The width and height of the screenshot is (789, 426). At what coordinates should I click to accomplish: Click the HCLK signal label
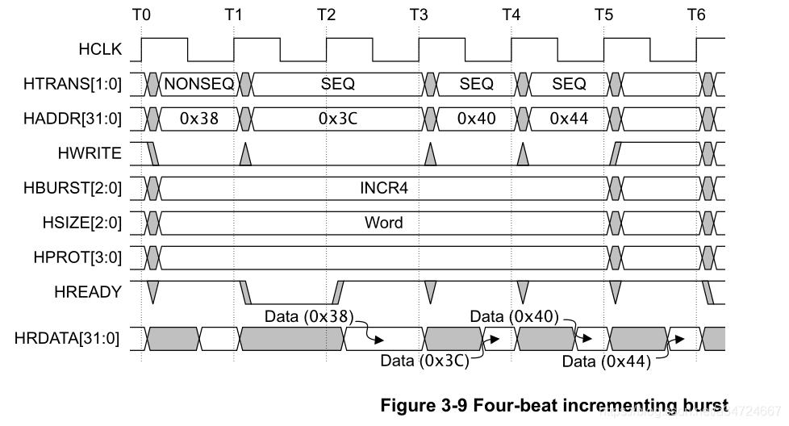(100, 48)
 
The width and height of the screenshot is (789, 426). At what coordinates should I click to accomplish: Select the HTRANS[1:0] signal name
(73, 84)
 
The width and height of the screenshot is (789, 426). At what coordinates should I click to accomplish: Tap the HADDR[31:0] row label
(73, 119)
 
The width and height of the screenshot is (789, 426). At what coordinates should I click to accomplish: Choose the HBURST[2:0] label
(73, 188)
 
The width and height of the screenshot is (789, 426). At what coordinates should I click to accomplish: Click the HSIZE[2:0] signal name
(79, 223)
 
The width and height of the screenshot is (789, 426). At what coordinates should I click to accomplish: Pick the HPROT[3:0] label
(77, 257)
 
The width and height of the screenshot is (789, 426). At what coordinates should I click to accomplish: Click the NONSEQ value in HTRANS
(198, 84)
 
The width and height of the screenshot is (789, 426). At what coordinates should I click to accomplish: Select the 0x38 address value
(198, 119)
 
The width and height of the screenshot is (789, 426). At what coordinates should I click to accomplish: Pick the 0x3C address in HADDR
(338, 119)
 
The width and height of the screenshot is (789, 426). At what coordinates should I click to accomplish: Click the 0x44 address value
(569, 119)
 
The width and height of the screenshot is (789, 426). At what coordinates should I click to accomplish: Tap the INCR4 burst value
(384, 188)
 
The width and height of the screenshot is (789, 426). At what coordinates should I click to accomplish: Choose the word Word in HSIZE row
(384, 223)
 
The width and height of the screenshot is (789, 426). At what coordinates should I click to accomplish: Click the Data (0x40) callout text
(513, 315)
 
